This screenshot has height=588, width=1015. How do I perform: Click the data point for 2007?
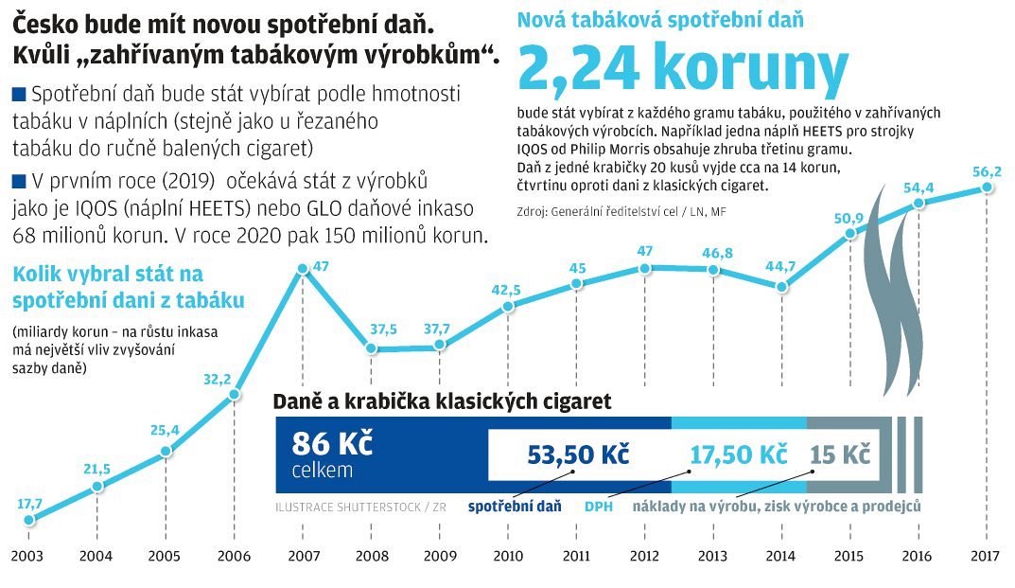302,268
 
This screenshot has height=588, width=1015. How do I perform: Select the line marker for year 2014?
781,286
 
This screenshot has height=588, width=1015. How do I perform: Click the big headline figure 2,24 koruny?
683,67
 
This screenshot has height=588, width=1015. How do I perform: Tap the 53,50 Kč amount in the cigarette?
566,454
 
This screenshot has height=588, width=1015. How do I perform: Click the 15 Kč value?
840,454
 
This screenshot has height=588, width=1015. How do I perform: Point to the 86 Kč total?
318,443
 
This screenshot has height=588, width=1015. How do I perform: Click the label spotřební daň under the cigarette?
515,507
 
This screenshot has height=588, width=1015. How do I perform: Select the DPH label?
599,507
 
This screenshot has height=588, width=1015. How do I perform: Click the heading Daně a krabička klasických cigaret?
442,401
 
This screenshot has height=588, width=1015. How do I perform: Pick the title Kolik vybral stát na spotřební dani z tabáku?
129,288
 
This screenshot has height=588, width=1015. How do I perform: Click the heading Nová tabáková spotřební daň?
661,18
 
